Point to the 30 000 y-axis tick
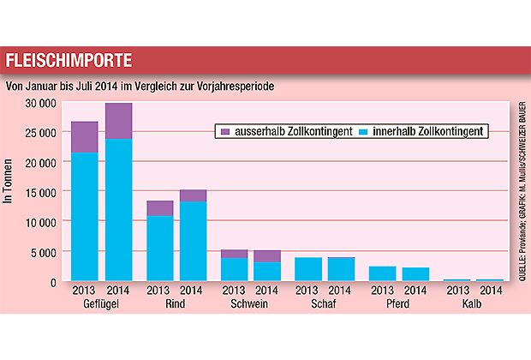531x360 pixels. click(40, 103)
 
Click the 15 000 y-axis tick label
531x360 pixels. click(40, 192)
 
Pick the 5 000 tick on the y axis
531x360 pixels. click(44, 251)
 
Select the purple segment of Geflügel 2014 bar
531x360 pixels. click(118, 121)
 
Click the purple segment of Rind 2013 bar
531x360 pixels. click(160, 207)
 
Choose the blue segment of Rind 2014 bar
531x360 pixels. click(194, 241)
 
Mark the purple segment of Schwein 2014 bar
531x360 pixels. click(268, 255)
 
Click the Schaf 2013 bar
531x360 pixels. click(307, 269)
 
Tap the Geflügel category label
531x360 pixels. click(101, 304)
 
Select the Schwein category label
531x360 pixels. click(251, 304)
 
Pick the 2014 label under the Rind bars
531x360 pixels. click(194, 290)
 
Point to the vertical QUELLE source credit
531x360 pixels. click(522, 189)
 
